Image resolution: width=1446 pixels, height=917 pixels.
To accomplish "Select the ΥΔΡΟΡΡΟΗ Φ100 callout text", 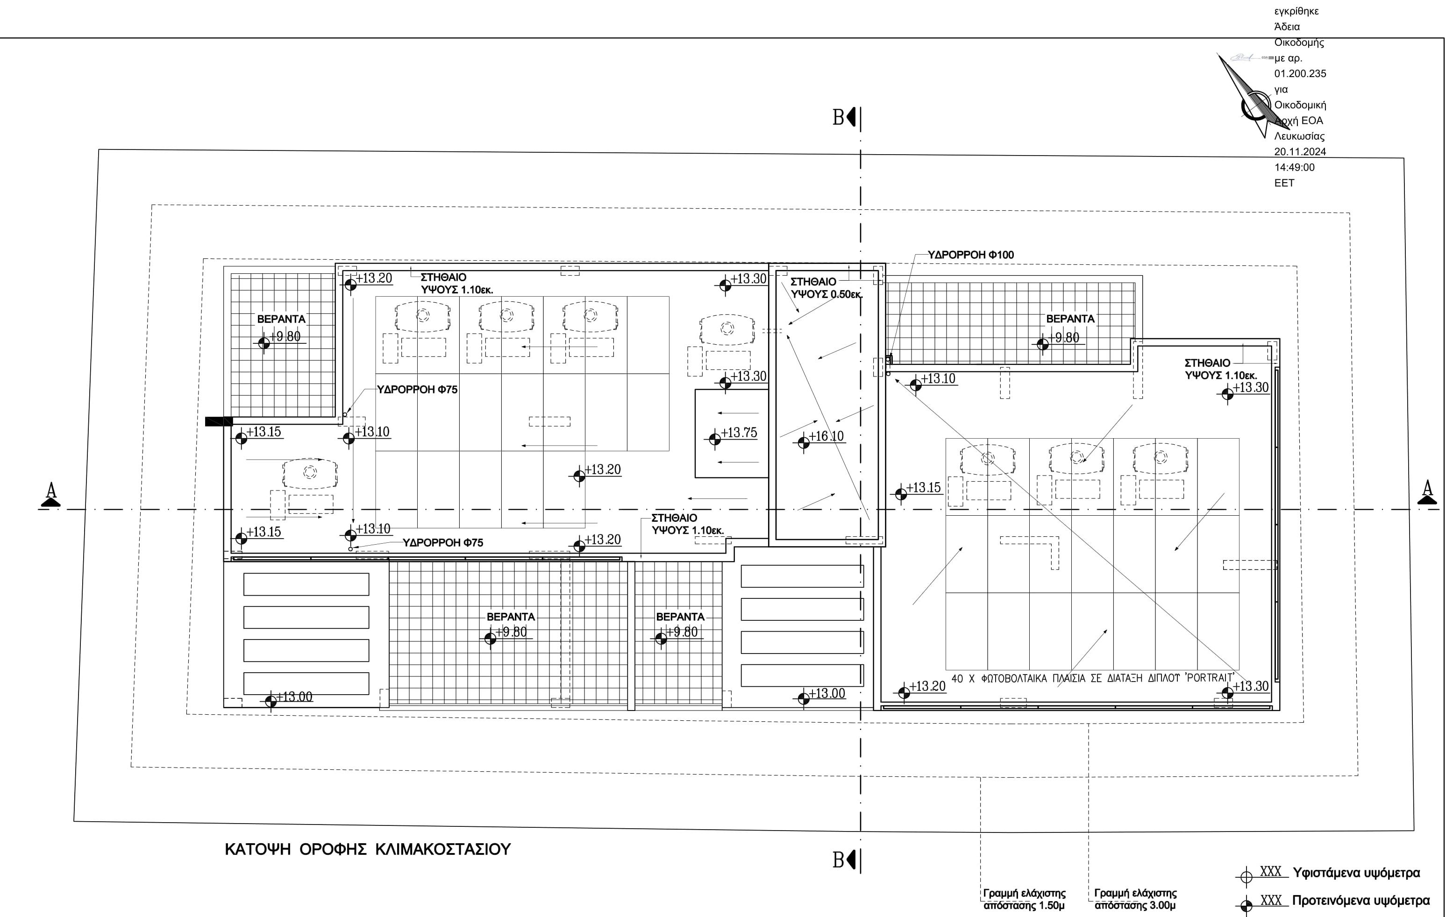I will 970,255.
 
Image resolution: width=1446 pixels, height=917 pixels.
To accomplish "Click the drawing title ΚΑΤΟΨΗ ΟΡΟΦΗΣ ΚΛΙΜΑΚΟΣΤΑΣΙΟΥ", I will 368,850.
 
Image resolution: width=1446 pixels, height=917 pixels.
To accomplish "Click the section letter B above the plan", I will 838,118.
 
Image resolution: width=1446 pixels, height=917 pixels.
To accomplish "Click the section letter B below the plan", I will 838,860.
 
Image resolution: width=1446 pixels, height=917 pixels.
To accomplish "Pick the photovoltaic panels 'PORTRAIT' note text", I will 1093,679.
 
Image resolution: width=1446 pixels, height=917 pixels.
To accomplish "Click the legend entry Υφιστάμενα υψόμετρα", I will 1356,873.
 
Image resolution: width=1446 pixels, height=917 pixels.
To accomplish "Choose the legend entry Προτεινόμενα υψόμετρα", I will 1360,901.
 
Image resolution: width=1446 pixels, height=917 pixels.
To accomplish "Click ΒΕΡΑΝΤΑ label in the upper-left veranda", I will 281,320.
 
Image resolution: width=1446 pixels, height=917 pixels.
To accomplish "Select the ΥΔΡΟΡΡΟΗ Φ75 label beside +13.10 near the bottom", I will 442,543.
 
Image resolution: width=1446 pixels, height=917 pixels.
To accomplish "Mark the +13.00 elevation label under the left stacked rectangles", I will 294,697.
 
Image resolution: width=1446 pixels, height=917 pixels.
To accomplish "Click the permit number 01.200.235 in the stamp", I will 1300,74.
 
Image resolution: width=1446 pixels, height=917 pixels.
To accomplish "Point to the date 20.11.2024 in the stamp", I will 1300,152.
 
